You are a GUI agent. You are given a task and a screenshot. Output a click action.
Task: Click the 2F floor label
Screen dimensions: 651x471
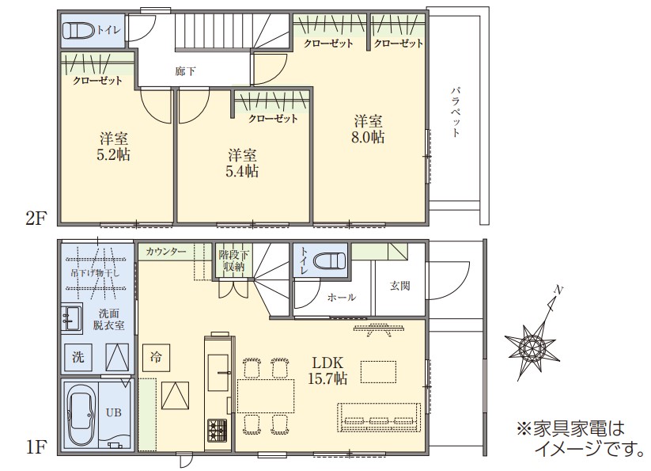tap(36, 217)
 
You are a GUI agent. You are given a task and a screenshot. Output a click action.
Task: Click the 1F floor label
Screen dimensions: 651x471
tap(36, 447)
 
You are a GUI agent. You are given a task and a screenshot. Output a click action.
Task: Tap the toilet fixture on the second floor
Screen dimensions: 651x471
tap(79, 30)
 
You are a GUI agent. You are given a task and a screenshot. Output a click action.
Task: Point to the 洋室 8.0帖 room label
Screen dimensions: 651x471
tap(368, 129)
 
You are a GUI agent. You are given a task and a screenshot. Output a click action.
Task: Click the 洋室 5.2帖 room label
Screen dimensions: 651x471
tap(113, 146)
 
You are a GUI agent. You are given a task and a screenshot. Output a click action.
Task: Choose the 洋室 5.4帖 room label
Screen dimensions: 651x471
tap(242, 163)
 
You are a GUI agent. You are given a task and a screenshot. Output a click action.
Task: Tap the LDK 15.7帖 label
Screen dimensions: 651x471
tap(327, 370)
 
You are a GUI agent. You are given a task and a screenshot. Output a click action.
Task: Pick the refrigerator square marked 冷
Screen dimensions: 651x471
tap(156, 358)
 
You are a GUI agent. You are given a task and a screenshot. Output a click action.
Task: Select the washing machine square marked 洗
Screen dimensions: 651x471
tap(78, 357)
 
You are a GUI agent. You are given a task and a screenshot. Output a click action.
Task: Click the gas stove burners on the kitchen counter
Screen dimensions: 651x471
tap(218, 430)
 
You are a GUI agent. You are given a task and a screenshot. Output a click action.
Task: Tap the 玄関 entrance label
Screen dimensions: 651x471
tap(399, 285)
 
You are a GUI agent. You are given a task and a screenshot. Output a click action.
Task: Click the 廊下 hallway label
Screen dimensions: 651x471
tap(185, 71)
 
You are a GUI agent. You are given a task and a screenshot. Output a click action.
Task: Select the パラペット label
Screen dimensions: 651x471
tap(456, 112)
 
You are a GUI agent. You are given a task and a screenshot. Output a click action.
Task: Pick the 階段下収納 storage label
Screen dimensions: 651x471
tap(234, 260)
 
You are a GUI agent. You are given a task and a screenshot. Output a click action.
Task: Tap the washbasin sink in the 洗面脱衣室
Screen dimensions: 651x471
tap(72, 318)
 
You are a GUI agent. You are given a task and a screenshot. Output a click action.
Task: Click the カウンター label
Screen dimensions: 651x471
tap(166, 251)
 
